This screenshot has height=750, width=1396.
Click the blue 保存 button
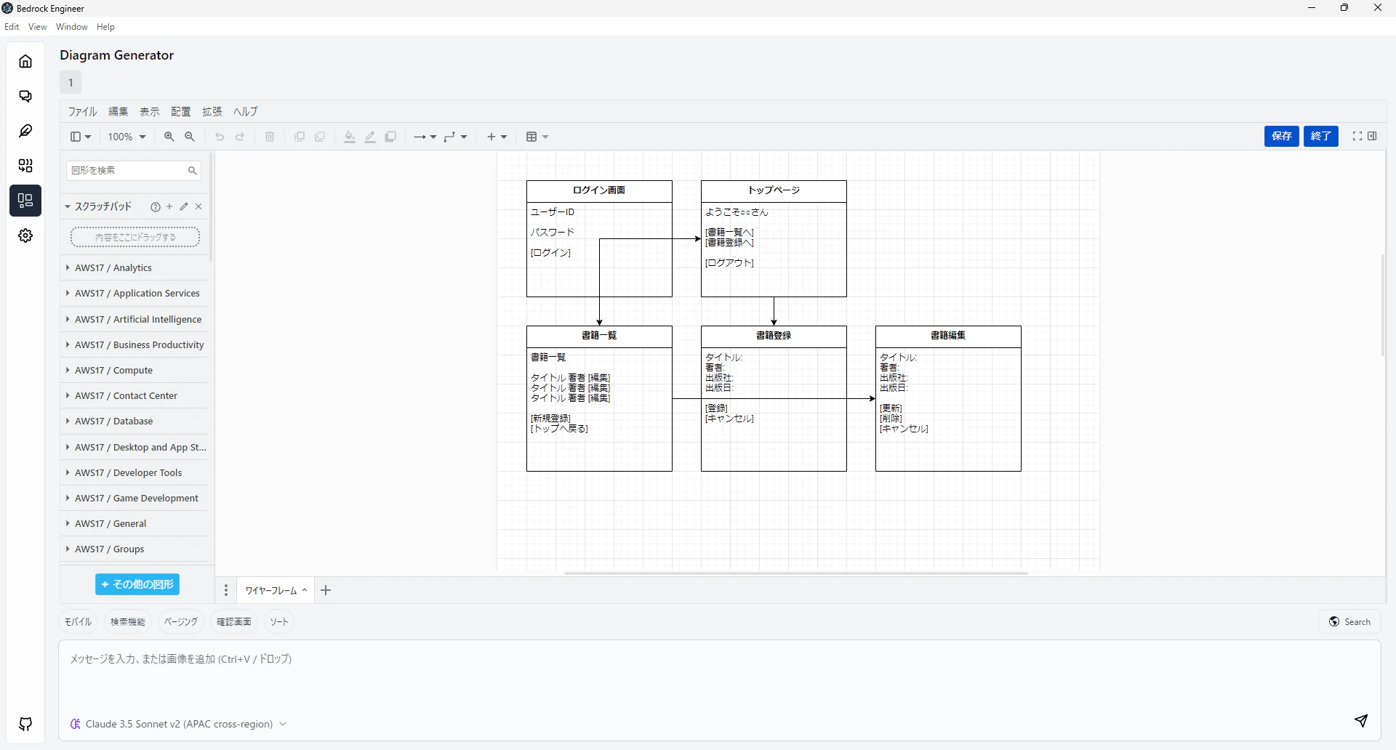tap(1281, 136)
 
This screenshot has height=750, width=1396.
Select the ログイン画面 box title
tap(599, 190)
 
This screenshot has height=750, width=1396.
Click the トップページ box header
tap(774, 191)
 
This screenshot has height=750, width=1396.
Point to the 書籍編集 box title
tap(948, 336)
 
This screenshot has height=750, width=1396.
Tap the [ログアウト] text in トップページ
tap(729, 263)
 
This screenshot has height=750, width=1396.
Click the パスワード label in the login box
tap(553, 233)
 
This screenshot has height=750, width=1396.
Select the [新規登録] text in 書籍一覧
tap(550, 419)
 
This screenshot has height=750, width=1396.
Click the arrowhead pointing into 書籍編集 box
tap(872, 398)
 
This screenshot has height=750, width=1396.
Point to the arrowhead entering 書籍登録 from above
tap(774, 322)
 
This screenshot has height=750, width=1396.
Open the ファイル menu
tap(82, 111)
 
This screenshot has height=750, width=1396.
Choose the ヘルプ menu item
tap(246, 111)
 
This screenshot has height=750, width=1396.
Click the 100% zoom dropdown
tap(127, 137)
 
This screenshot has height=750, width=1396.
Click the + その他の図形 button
tap(137, 584)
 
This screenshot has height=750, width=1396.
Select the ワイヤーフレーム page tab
tap(271, 591)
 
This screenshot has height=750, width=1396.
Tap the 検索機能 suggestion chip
tap(128, 622)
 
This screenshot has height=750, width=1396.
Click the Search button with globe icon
tap(1349, 622)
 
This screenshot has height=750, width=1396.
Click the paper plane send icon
tap(1361, 721)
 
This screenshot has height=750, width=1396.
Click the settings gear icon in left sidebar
tap(25, 235)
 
